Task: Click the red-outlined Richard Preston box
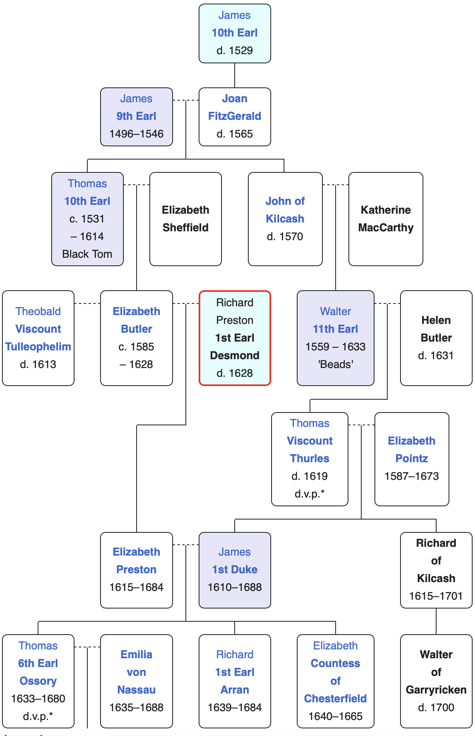235,338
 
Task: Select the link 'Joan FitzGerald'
235,107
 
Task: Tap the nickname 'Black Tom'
87,254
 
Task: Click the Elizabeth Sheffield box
185,219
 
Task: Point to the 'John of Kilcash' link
285,210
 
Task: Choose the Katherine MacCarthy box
386,219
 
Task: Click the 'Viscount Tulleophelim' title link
38,338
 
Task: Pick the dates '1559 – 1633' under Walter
336,347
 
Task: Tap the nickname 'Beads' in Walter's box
336,364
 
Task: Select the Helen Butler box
436,338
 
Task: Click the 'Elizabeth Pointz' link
412,450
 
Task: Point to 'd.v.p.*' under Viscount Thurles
310,494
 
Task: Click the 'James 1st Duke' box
235,570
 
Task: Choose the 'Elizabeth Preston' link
137,561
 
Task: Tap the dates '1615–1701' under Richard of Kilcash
436,596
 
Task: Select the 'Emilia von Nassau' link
137,672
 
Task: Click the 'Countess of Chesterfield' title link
336,681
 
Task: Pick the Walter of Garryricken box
436,681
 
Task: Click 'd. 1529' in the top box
235,51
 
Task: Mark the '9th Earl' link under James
137,116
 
